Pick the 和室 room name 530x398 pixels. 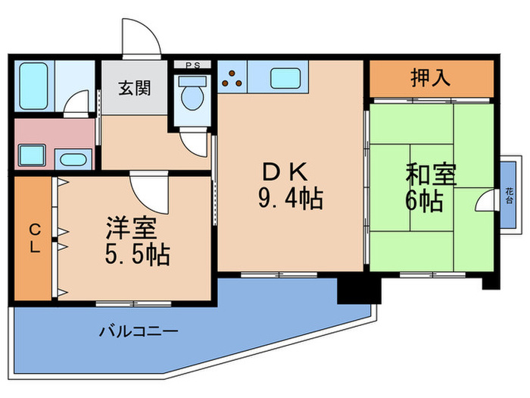pyautogui.click(x=432, y=175)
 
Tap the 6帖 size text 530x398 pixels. pyautogui.click(x=424, y=201)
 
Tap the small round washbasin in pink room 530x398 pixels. pyautogui.click(x=73, y=159)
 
